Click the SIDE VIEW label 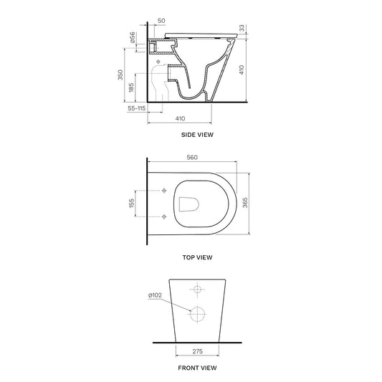tap(197, 135)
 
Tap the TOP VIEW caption tap(197, 257)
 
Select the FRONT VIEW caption tap(197, 368)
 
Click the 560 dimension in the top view tap(192, 158)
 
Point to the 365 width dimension tap(245, 203)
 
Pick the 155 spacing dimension tap(131, 203)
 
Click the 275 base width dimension tap(197, 351)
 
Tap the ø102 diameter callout tap(155, 295)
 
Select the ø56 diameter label tap(133, 37)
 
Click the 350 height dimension tap(120, 75)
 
